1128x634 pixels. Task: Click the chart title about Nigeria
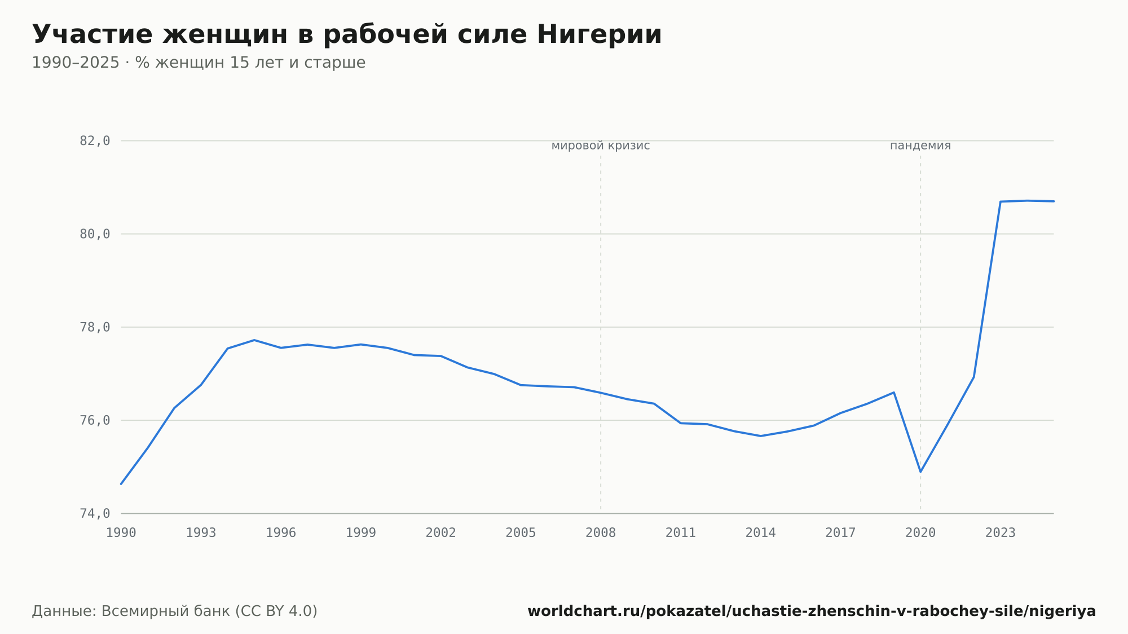(x=347, y=34)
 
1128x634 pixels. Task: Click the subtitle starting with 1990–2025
(x=199, y=63)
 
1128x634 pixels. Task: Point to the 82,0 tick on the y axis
(x=95, y=141)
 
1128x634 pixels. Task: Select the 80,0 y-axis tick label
(x=95, y=234)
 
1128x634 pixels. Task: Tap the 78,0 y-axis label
(x=95, y=327)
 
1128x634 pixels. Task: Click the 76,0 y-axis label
(x=95, y=420)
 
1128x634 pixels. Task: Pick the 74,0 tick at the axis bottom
(x=95, y=514)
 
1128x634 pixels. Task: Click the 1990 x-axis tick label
(x=121, y=533)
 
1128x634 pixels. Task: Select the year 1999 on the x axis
(x=361, y=533)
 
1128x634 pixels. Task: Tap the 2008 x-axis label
(x=601, y=533)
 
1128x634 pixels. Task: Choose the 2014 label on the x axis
(x=761, y=533)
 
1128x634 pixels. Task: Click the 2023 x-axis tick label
(x=1001, y=533)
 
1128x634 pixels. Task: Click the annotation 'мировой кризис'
(x=601, y=146)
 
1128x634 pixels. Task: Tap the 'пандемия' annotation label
(x=920, y=146)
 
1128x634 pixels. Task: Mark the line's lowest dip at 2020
(x=920, y=472)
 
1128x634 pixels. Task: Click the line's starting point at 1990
(x=121, y=483)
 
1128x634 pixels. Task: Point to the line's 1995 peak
(x=254, y=340)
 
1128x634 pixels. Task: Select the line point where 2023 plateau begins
(x=1001, y=201)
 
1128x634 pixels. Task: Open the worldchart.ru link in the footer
(x=812, y=611)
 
